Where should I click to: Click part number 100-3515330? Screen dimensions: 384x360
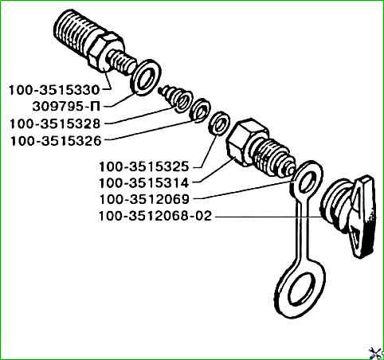point(54,90)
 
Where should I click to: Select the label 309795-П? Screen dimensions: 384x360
point(66,107)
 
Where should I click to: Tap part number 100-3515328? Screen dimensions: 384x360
point(55,124)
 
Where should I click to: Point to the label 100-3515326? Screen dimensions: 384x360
point(56,141)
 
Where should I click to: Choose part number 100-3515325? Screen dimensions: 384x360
point(143,167)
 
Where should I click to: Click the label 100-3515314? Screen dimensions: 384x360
point(143,183)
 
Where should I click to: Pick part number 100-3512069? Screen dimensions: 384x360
point(144,200)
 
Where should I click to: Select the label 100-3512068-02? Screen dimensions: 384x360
point(155,216)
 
